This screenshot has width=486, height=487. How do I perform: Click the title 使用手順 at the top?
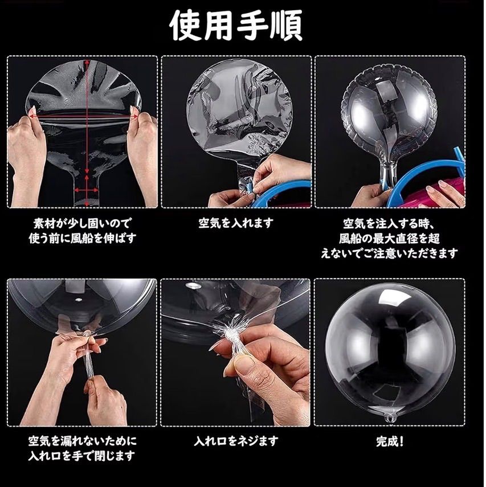236,26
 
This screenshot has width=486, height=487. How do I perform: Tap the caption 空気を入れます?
236,223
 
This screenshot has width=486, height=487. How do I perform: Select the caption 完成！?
390,441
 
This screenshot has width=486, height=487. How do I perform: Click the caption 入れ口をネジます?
236,441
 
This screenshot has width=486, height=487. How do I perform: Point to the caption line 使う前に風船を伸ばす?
83,238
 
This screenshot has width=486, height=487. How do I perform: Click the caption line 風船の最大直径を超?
389,238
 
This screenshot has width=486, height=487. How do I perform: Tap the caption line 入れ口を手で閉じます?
81,456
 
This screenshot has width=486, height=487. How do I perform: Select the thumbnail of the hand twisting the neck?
235,352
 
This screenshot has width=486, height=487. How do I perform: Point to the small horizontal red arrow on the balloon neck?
87,190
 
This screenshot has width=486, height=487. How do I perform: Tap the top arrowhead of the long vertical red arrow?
87,62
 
